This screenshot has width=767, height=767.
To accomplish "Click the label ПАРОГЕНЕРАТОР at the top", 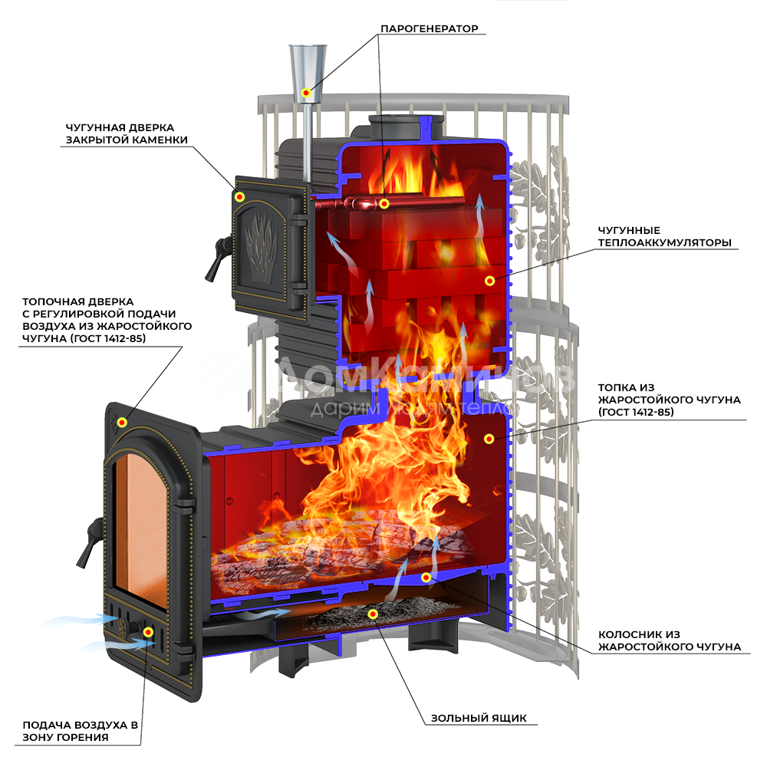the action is tap(429, 28).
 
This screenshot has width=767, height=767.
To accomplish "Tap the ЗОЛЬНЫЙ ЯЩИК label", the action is tap(479, 718).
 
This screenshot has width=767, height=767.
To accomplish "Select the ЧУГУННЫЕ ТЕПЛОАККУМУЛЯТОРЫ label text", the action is tap(664, 236).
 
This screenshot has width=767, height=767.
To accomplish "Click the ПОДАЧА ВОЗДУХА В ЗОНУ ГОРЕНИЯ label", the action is tap(81, 731).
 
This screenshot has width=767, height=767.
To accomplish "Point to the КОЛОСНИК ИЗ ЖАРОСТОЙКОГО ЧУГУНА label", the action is tap(669, 640).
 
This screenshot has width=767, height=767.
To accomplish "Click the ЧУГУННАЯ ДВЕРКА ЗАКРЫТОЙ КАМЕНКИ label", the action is tap(127, 133).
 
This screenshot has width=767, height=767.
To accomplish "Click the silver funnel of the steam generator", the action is tap(308, 74).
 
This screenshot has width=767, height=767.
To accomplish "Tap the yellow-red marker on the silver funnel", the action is tap(306, 93).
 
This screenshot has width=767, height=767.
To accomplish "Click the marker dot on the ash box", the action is tap(374, 614).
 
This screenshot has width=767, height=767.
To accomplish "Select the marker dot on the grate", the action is tap(426, 578).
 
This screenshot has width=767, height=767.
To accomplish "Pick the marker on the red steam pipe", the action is tap(384, 203).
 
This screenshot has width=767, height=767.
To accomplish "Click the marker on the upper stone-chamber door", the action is tap(239, 196).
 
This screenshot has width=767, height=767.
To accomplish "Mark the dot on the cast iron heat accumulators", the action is tap(489, 281).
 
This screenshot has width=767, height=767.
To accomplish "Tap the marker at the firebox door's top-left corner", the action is tap(122, 422).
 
